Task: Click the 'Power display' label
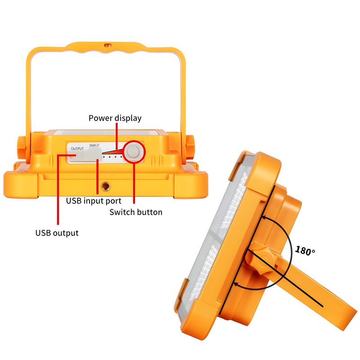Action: [x=115, y=118]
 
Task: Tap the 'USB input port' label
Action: [x=94, y=201]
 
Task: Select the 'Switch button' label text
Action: [x=136, y=212]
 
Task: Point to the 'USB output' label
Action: [x=57, y=233]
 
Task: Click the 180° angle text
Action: [x=305, y=251]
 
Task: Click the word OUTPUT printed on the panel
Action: [x=77, y=149]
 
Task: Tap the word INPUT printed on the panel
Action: [x=94, y=145]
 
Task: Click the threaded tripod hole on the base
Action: [x=106, y=186]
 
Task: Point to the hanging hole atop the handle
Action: [x=108, y=45]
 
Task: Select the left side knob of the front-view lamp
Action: [x=21, y=148]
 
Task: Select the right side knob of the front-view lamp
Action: [x=189, y=147]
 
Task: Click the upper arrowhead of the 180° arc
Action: [x=264, y=217]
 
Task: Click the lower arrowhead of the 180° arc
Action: [x=235, y=284]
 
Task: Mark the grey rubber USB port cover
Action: [x=85, y=154]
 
